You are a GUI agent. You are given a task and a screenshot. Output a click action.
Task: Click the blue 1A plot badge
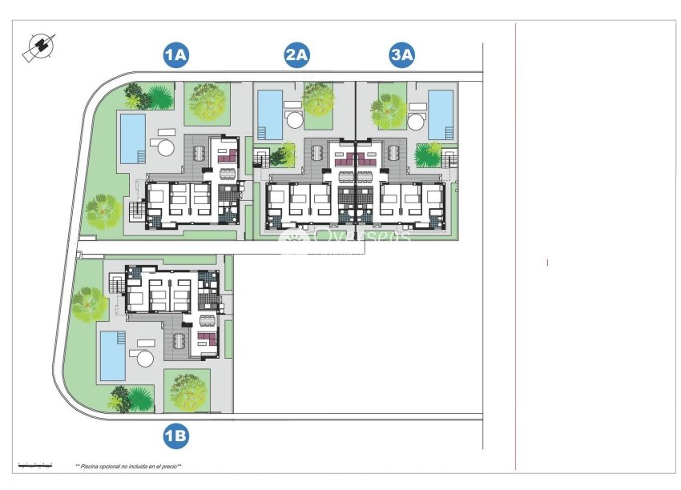pos(175,55)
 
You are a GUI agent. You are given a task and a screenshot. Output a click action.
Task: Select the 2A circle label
pos(297,55)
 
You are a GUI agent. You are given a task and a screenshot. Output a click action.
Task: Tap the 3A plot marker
pos(401,55)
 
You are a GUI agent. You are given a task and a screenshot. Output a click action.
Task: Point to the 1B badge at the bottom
pos(175,436)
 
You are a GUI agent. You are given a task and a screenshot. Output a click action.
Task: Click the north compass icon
pos(38,48)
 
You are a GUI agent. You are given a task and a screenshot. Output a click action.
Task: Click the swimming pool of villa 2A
pos(270,114)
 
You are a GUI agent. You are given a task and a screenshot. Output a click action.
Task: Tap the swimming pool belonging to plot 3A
pos(440,114)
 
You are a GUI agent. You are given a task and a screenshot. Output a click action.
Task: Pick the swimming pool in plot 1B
pos(111,355)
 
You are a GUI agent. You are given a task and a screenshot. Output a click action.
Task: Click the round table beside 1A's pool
pos(165,147)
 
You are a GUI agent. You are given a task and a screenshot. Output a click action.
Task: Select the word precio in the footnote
pos(167,466)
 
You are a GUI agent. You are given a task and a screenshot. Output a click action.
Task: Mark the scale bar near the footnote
pos(35,464)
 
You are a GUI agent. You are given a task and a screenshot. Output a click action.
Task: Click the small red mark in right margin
pos(547,262)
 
